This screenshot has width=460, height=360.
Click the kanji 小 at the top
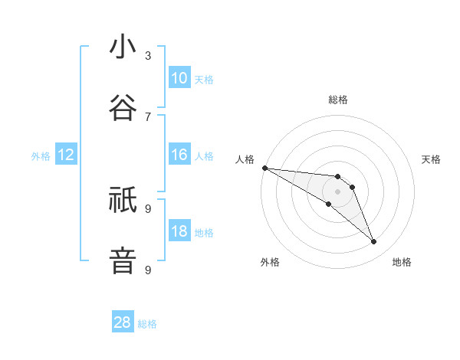coord(123,47)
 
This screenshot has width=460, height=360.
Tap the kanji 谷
coord(123,109)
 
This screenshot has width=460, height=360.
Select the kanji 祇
coord(123,201)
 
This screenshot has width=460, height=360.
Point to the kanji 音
coord(123,261)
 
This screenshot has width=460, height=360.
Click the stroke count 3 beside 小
coord(148,55)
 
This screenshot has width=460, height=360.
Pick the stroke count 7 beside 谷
coord(148,116)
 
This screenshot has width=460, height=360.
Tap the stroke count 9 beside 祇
coord(148,208)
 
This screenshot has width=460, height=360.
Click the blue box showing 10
coord(179,77)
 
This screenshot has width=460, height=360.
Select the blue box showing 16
coord(179,155)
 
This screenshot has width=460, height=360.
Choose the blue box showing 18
coord(179,232)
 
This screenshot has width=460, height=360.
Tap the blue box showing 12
coord(66,155)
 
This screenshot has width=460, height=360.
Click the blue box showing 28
coord(123,322)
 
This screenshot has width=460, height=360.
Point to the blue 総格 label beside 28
coord(147,324)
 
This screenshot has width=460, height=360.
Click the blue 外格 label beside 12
coord(41,156)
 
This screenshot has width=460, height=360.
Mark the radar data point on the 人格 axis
coord(264,168)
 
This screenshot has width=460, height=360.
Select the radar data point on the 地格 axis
coord(373,242)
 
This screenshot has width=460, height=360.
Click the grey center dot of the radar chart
coord(337,191)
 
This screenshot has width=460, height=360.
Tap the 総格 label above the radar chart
coord(337,100)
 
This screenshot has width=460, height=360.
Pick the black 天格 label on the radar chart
coord(432,159)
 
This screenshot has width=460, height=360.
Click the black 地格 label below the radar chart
coord(402,262)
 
